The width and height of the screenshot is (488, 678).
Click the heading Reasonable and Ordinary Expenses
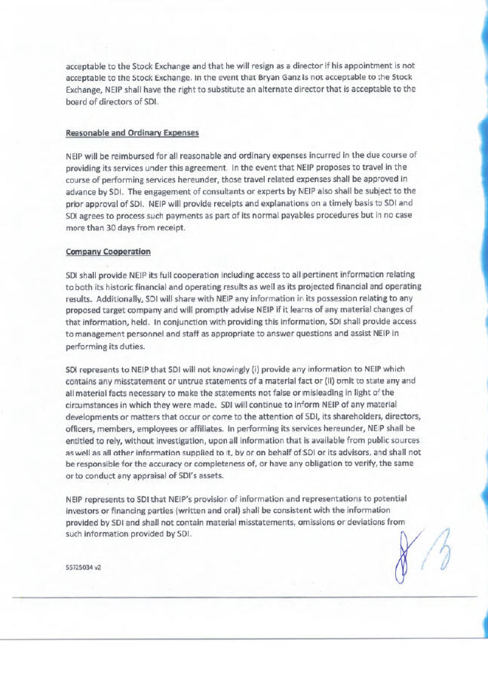click(x=132, y=133)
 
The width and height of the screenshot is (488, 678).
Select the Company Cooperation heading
click(x=108, y=251)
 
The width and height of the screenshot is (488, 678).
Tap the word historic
click(x=129, y=288)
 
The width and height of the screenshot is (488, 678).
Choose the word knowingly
click(x=208, y=370)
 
